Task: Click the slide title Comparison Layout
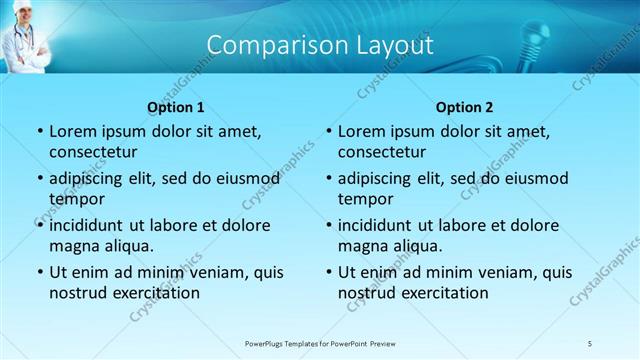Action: tap(320, 45)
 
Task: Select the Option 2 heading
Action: tap(464, 107)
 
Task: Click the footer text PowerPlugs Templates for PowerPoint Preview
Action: tap(320, 343)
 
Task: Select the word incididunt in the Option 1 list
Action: tap(91, 225)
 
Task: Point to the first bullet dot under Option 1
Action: tap(38, 132)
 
